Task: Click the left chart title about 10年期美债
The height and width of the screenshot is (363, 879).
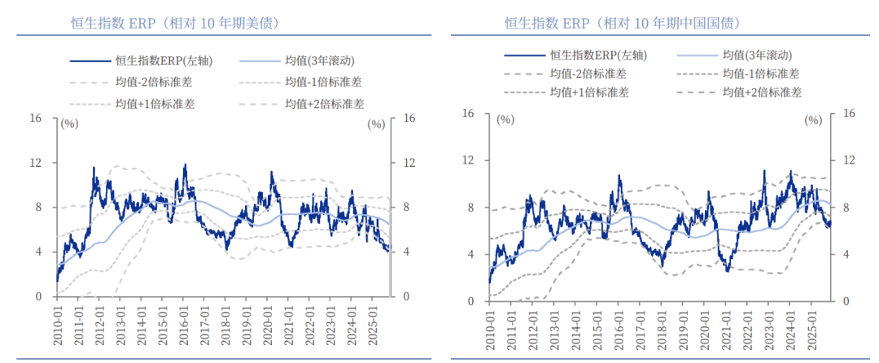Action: click(x=175, y=23)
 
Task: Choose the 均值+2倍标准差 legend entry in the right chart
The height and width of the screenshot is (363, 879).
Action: click(x=762, y=92)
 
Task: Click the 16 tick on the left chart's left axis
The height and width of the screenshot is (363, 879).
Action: click(x=35, y=119)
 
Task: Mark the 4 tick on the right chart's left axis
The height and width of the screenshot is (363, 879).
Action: click(x=468, y=255)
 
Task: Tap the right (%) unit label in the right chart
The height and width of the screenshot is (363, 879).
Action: click(x=813, y=120)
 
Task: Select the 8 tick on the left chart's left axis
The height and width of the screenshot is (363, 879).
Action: click(x=37, y=208)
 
